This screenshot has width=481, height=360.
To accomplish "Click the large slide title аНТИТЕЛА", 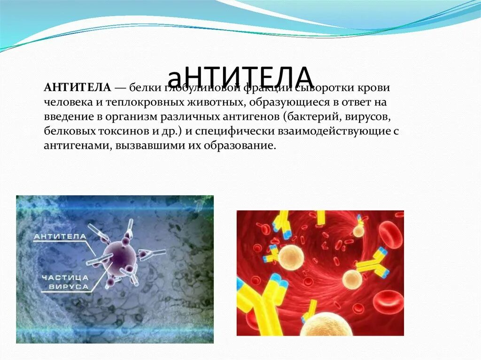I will point(240,76).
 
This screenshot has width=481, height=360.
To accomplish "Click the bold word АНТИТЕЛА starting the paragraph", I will point(77,88).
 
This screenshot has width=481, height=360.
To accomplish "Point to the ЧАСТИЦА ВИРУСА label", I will point(65,282).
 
